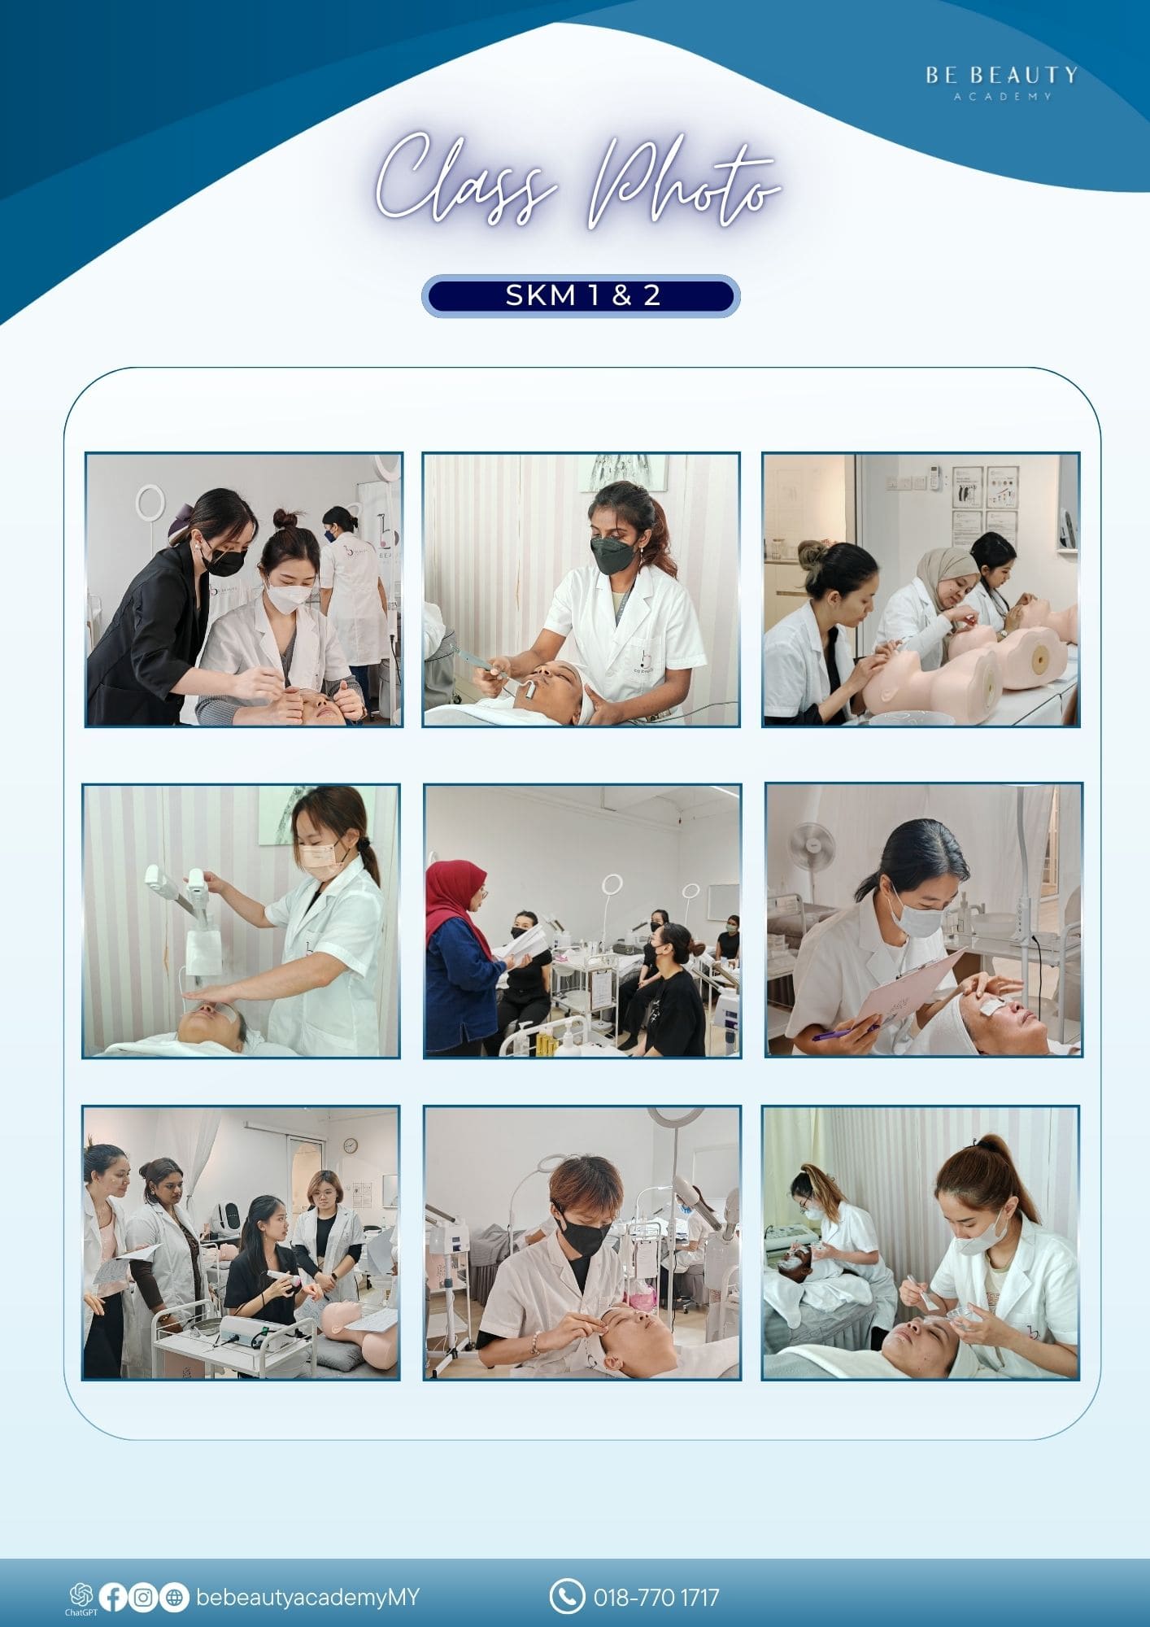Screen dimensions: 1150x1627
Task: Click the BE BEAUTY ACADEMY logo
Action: coord(1001,82)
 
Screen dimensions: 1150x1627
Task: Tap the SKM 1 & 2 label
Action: coord(581,295)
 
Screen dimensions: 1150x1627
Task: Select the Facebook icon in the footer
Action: coord(113,1597)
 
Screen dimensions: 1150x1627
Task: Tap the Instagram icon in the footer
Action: coord(143,1597)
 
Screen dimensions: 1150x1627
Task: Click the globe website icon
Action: coord(173,1597)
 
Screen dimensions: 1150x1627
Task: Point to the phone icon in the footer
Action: coord(566,1596)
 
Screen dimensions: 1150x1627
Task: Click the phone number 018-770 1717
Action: coord(656,1598)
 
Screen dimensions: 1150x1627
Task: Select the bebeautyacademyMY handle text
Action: coord(307,1598)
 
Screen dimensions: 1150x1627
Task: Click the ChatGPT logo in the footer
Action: coord(81,1596)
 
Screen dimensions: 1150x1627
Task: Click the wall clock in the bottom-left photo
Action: coord(350,1145)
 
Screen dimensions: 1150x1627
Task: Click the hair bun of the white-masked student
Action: coord(284,518)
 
